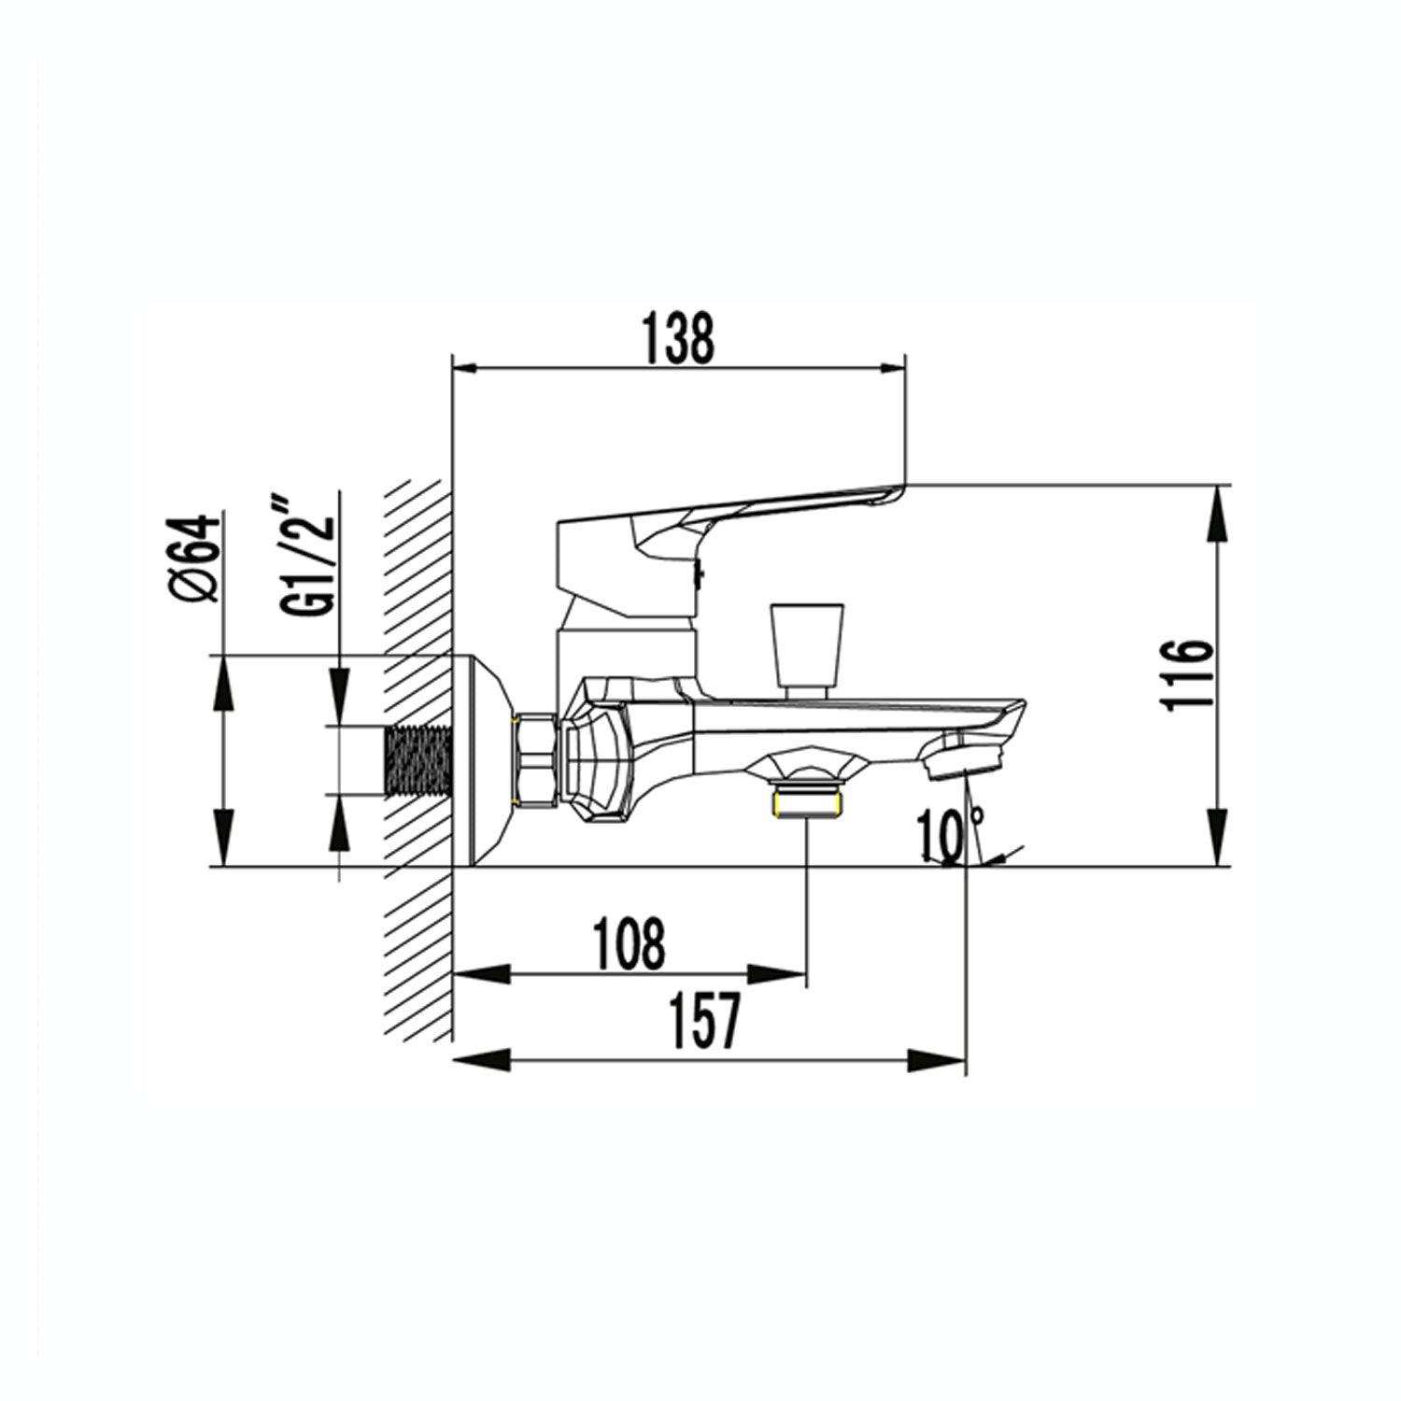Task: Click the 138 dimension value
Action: pos(679,338)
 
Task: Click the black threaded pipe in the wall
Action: pos(417,761)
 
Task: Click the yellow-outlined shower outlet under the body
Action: pos(807,802)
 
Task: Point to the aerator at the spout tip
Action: pos(961,756)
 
